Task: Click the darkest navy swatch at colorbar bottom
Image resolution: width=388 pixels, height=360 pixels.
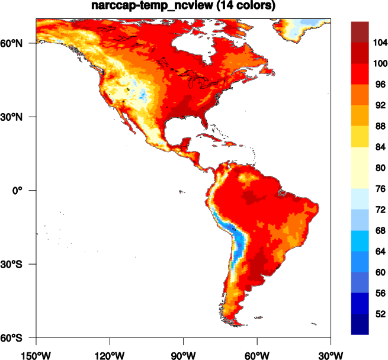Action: coord(360,324)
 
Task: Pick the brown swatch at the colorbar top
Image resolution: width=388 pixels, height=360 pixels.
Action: coord(360,32)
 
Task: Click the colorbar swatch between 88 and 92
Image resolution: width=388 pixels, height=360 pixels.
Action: coord(360,115)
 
